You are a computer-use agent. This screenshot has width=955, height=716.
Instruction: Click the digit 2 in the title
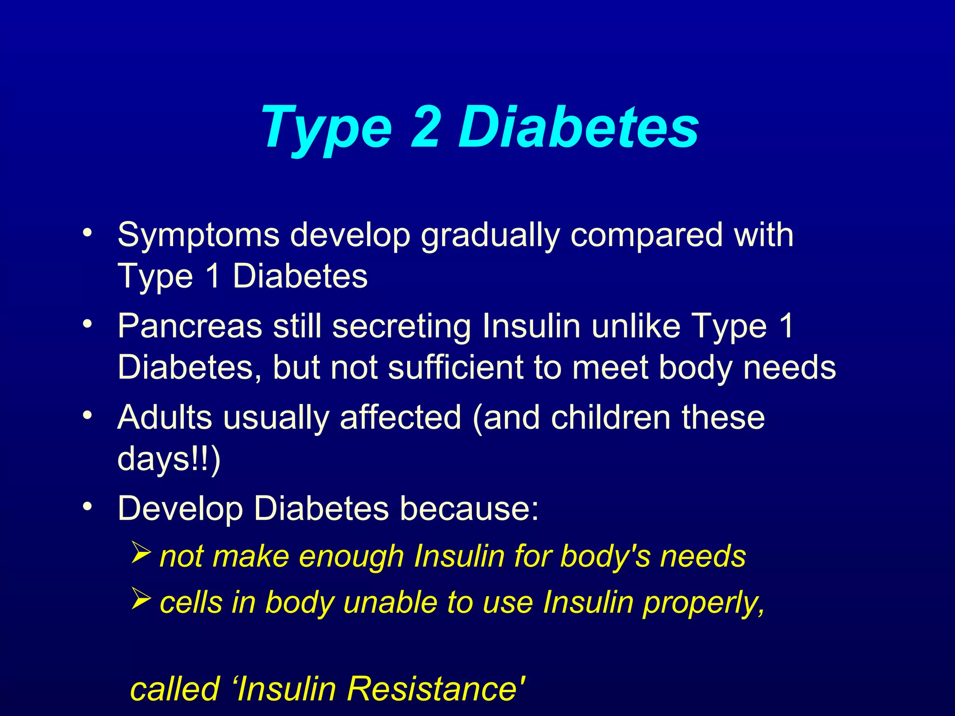point(425,126)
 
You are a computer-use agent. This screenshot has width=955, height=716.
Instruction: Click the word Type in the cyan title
point(326,128)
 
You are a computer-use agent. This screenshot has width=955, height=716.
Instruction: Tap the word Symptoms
point(198,235)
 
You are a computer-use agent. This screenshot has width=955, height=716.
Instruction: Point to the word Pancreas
point(190,326)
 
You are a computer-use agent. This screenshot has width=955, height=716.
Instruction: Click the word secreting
point(401,327)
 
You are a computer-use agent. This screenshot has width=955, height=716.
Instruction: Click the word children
point(610,417)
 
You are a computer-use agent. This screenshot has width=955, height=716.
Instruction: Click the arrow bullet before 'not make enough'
point(140,552)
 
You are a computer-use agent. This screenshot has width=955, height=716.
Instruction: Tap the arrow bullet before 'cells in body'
point(140,598)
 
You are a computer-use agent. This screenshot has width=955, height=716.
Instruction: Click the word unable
point(390,603)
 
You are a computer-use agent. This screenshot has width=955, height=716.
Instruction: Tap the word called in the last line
point(174,689)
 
